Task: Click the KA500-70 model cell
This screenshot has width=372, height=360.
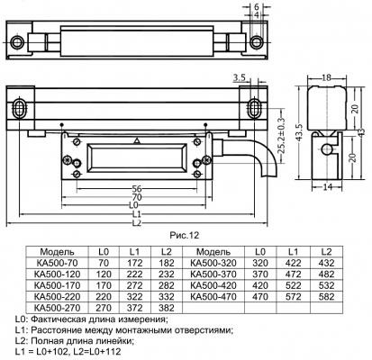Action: coord(58,263)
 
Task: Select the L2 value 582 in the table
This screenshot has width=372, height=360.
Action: coord(326,297)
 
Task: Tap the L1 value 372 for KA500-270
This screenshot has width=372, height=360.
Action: coord(134,308)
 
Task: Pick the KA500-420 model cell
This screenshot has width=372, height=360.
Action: coord(213,285)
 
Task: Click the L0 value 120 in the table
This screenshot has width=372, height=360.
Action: coord(104,274)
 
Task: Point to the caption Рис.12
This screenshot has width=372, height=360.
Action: coord(185,235)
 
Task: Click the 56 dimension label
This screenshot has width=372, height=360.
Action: coord(137,189)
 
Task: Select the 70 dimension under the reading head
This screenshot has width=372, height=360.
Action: coord(137,197)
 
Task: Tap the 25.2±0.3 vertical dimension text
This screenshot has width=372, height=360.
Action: coord(281,135)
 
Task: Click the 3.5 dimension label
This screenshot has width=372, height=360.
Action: coord(239,78)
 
